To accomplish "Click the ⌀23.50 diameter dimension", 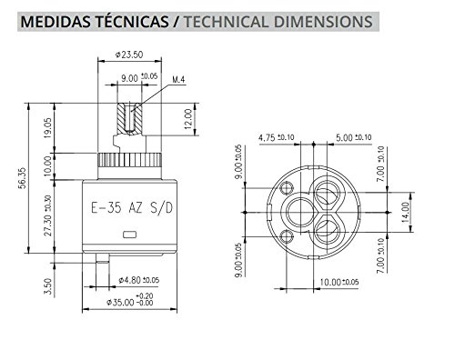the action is coord(129,55).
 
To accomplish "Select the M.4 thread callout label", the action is coord(178,80).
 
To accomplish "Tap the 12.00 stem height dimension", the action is coord(188,119).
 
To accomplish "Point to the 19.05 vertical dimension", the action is coord(48,128).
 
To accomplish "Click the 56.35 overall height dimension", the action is coord(22,178).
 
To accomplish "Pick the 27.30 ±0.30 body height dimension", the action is coord(48,215).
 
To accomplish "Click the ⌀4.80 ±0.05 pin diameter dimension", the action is coord(138,280).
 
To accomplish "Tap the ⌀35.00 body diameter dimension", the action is coord(130,300).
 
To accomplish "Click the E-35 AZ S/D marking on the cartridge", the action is coord(132,208).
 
